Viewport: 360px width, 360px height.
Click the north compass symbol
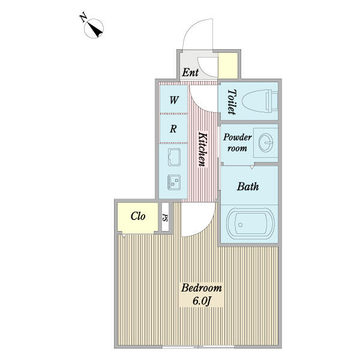[94, 28]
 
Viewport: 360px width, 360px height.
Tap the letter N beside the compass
[83, 18]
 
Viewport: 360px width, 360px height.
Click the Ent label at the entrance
[190, 73]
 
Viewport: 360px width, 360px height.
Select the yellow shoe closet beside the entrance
[228, 65]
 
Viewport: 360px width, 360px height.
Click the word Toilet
[232, 102]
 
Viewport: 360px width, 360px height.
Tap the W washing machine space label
[174, 100]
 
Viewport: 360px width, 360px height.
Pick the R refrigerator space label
[173, 129]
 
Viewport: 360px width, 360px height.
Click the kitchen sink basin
[174, 157]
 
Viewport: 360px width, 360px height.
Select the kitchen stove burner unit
[174, 182]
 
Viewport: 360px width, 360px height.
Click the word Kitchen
[203, 149]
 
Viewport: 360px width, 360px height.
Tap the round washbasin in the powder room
[266, 143]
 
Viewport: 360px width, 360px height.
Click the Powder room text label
[237, 143]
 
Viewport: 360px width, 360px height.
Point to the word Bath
[248, 187]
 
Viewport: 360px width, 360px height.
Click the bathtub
[250, 224]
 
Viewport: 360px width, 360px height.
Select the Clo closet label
[138, 216]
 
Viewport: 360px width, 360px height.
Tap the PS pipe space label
[165, 217]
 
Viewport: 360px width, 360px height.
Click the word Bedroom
[202, 287]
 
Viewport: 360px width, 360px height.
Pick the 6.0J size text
[202, 301]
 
